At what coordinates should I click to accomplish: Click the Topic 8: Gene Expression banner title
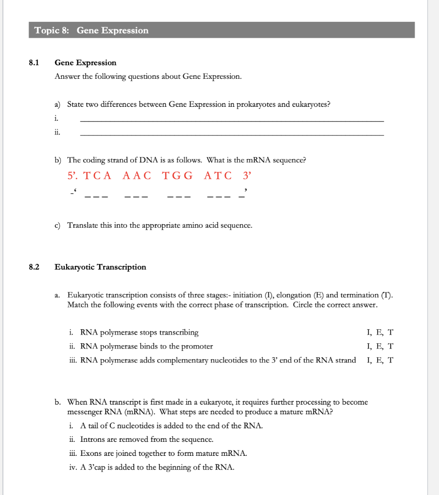point(92,30)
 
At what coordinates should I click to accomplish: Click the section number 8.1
point(33,63)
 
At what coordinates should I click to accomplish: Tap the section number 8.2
point(33,267)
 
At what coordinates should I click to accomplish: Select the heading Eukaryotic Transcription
point(100,267)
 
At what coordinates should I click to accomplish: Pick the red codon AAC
point(137,175)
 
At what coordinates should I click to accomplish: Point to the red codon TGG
point(178,175)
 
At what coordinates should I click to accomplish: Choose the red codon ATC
point(218,175)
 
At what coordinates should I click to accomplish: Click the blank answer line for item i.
point(232,120)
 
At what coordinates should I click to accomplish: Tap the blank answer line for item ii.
point(232,135)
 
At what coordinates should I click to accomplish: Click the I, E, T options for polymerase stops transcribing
point(380,333)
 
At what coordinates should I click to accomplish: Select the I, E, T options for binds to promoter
point(380,346)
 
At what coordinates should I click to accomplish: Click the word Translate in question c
point(82,225)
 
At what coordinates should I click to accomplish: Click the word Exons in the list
point(91,453)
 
